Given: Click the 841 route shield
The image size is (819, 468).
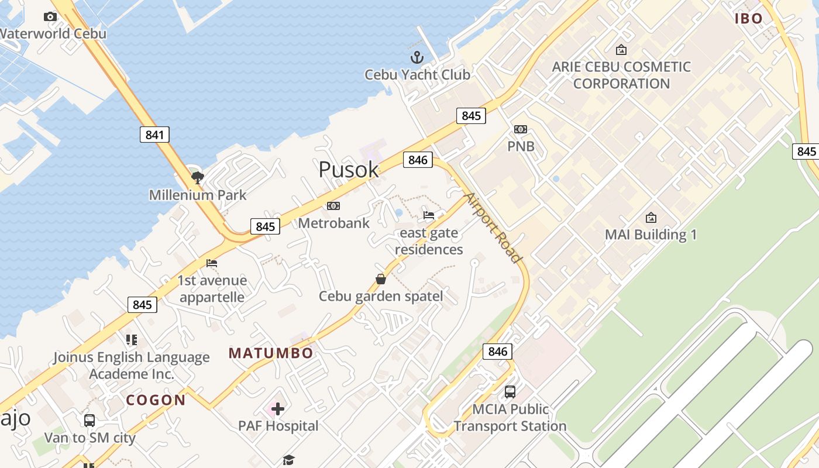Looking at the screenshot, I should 154,135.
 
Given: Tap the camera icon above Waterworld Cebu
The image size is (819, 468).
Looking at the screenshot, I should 50,17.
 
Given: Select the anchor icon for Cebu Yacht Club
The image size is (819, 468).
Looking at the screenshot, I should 417,57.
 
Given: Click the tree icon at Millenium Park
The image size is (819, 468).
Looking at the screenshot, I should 198,177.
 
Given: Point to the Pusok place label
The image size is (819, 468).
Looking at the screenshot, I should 349,170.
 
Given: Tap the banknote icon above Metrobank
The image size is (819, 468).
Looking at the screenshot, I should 333,206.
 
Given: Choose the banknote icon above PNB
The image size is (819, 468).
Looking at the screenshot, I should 521,129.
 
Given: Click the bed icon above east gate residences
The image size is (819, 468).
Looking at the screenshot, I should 429,215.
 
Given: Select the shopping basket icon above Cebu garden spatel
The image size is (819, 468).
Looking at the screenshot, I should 381,279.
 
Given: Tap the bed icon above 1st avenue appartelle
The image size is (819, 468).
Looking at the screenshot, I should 212,263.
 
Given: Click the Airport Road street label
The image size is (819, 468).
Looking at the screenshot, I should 493,227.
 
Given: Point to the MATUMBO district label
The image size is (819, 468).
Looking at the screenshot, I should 271,353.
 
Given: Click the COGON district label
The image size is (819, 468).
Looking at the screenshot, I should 156,400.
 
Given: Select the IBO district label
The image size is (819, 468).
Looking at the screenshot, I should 749,19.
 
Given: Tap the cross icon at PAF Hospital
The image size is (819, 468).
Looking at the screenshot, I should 278,408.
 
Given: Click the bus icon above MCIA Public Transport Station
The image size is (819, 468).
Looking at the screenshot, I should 510,391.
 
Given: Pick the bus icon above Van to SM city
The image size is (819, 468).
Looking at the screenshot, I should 90,420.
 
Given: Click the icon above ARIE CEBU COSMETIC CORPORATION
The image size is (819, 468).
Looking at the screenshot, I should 621,50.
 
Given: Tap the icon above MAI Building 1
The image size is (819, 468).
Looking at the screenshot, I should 651,218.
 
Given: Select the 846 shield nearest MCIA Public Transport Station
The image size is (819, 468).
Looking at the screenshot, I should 498,351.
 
